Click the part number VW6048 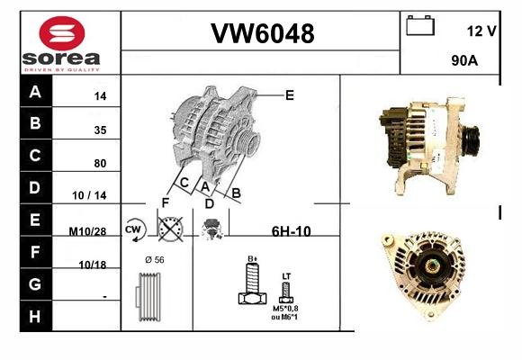click(262, 33)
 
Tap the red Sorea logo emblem click(62, 33)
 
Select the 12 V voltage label click(481, 31)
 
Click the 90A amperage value click(464, 60)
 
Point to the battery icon click(420, 25)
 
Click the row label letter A click(35, 91)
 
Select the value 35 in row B click(100, 130)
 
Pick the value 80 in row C click(100, 163)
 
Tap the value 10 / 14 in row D click(89, 195)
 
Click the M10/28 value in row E click(87, 231)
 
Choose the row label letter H click(35, 317)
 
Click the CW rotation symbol click(134, 229)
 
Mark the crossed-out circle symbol click(170, 229)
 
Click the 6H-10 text click(292, 231)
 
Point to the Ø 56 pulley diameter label click(155, 260)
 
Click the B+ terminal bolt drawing click(252, 283)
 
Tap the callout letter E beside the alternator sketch click(290, 95)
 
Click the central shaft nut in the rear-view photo click(432, 265)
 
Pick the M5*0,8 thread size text click(285, 309)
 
